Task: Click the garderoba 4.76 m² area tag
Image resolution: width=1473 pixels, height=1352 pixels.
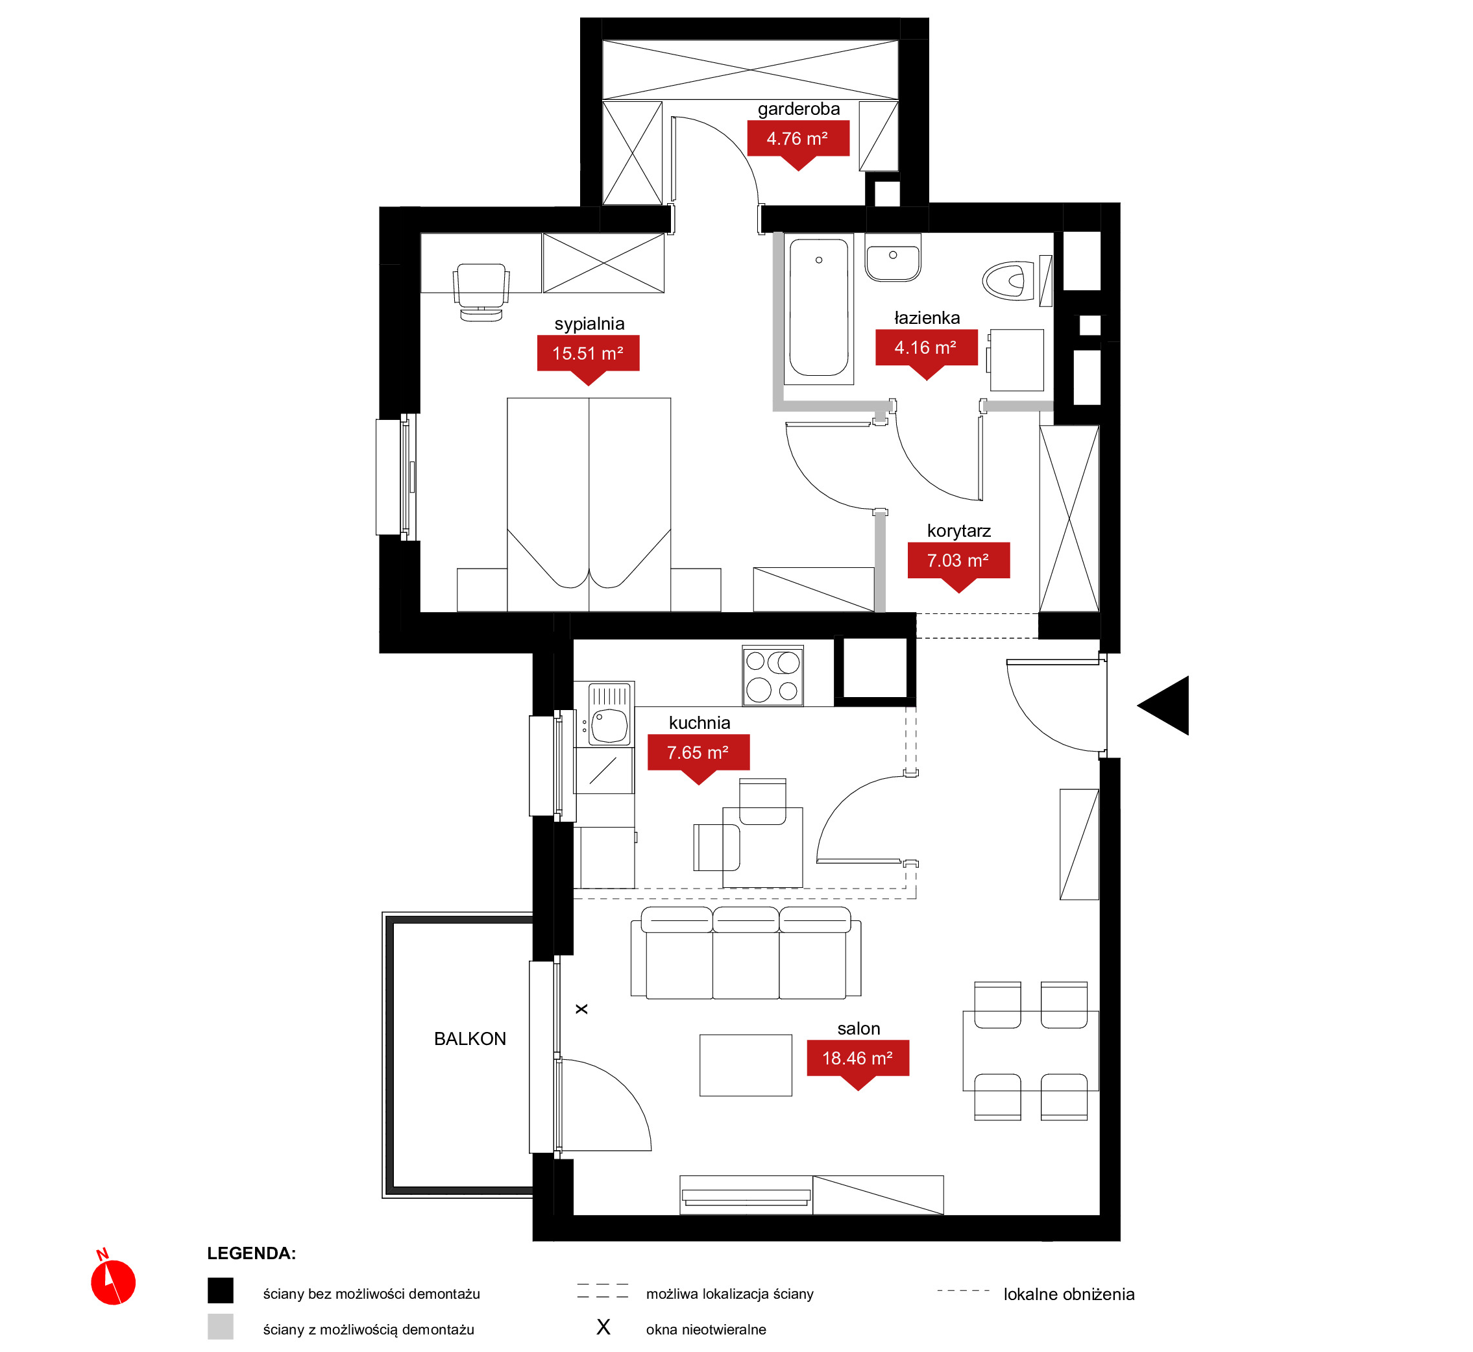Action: click(798, 143)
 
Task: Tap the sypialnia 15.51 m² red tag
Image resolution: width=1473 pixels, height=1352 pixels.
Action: click(588, 358)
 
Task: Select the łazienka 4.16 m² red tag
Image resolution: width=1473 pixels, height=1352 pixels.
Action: click(927, 352)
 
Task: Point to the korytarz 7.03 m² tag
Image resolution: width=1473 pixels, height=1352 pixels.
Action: click(959, 565)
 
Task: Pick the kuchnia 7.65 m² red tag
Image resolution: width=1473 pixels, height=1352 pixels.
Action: click(698, 757)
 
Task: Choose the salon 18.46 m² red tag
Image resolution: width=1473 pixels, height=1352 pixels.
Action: click(858, 1063)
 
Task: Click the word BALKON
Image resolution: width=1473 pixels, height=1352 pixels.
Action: click(470, 1039)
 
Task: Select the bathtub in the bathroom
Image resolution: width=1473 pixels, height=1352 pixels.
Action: click(818, 308)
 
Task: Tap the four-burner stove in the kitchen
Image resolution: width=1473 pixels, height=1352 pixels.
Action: click(772, 675)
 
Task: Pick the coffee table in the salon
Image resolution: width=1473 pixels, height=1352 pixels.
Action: click(746, 1065)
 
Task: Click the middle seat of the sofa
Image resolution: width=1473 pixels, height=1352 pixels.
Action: click(746, 953)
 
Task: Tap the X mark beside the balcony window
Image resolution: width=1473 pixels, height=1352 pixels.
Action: click(581, 1009)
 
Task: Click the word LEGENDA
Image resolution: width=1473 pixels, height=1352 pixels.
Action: click(251, 1253)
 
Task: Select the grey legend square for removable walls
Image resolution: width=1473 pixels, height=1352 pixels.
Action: click(220, 1327)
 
